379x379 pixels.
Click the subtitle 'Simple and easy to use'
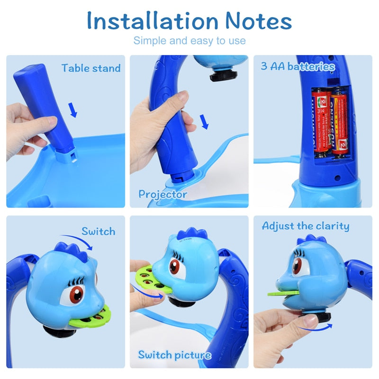click(189, 41)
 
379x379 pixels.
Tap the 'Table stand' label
click(91, 68)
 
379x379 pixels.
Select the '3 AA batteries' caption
click(298, 66)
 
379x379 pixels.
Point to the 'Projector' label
click(162, 194)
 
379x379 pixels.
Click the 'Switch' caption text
click(98, 232)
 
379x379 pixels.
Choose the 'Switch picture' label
click(174, 355)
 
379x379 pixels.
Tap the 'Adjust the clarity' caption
click(306, 226)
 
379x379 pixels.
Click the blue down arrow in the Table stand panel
click(72, 110)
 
